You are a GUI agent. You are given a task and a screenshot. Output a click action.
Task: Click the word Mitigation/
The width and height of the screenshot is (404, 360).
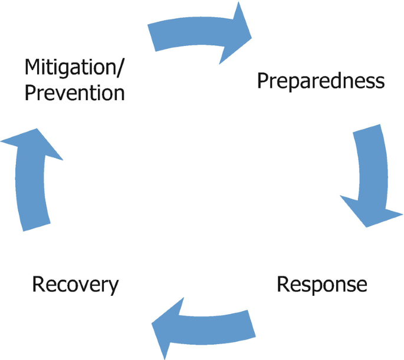pos(74,67)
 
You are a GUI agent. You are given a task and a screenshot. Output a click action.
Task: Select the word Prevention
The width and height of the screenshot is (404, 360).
pos(74,93)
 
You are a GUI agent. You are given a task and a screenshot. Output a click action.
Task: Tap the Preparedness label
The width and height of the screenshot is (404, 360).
pos(321,81)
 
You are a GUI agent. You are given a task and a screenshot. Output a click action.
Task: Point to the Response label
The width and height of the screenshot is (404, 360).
pos(322,285)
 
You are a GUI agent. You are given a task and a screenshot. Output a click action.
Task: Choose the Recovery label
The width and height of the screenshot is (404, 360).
pos(75,285)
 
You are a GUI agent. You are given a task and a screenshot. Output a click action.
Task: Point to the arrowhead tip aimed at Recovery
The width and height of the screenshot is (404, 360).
pos(153,325)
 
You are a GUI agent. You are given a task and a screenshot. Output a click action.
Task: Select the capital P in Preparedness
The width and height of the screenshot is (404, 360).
pos(263,81)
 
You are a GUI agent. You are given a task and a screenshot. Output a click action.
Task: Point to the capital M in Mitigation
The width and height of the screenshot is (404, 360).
pos(33,67)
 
